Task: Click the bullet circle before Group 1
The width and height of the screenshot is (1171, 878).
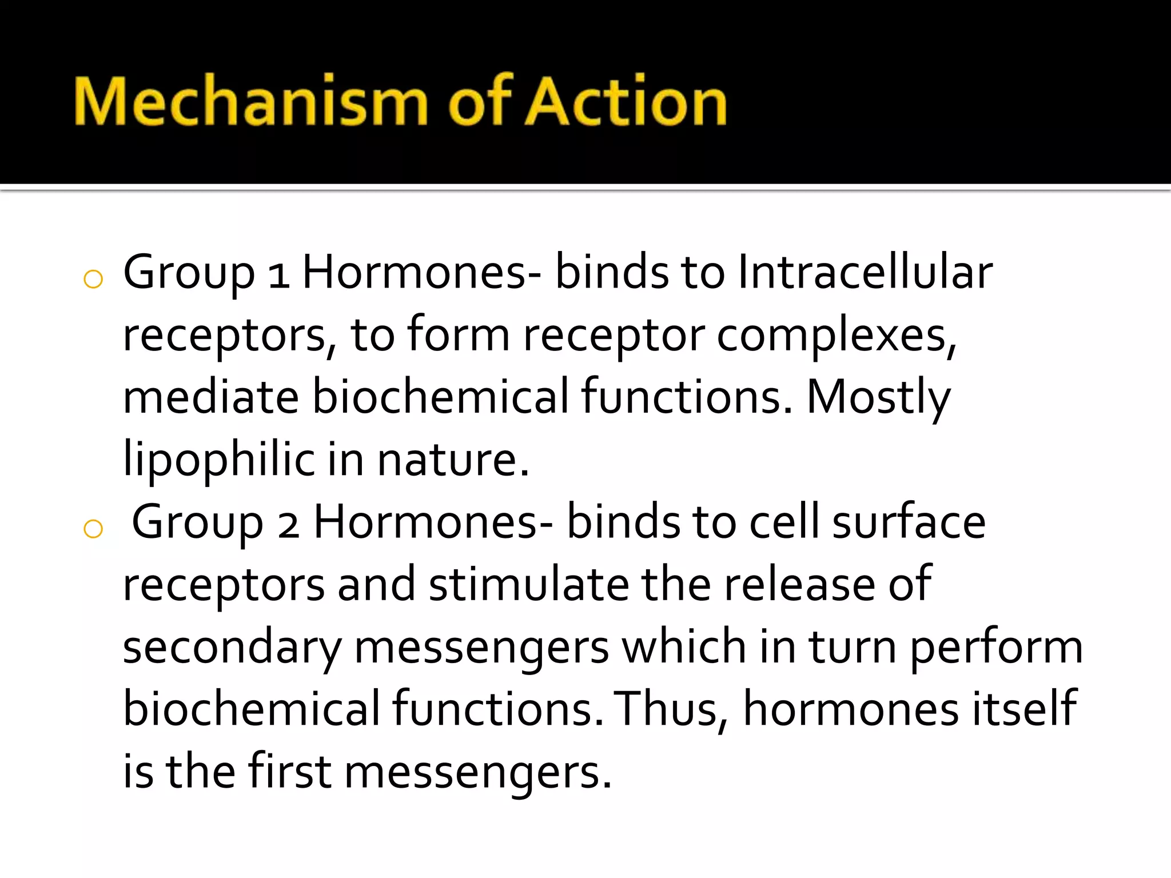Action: tap(93, 280)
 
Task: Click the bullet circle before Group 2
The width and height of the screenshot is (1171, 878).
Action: tap(93, 529)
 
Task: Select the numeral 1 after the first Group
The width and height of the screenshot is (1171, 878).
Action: tap(278, 274)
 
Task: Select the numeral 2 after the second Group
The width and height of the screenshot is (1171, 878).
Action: tap(288, 525)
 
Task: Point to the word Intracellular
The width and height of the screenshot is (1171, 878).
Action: tap(865, 272)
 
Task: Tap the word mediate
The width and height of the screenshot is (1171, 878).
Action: tap(211, 397)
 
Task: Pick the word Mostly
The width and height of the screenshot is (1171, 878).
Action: tap(878, 398)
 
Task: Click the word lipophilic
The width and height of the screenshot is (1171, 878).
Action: tap(218, 460)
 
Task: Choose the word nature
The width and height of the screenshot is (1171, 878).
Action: tap(453, 460)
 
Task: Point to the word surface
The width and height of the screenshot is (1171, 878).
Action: tap(909, 522)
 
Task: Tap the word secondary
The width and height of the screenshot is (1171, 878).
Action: tap(232, 648)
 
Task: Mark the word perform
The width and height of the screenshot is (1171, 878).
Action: tap(996, 648)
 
